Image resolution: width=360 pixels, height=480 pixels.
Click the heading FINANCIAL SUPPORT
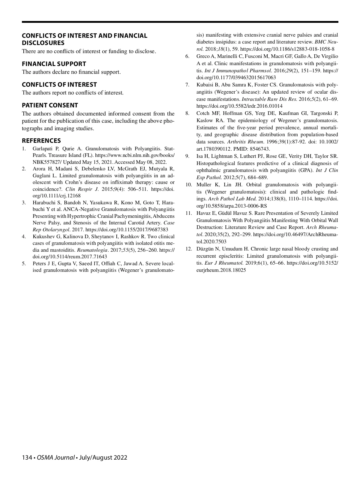[54, 64]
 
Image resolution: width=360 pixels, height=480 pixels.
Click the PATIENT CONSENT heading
[50, 105]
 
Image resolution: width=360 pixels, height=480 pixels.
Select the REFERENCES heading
[41, 141]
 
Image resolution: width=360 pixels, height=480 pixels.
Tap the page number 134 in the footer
[27, 457]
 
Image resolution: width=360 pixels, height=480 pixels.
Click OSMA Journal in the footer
[55, 457]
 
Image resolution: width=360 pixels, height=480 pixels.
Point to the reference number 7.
[187, 85]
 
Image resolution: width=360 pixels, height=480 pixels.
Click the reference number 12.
[188, 249]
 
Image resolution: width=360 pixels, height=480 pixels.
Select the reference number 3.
[24, 202]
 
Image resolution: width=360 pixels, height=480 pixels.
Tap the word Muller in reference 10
[204, 184]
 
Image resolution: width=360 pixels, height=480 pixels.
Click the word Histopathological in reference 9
[215, 163]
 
